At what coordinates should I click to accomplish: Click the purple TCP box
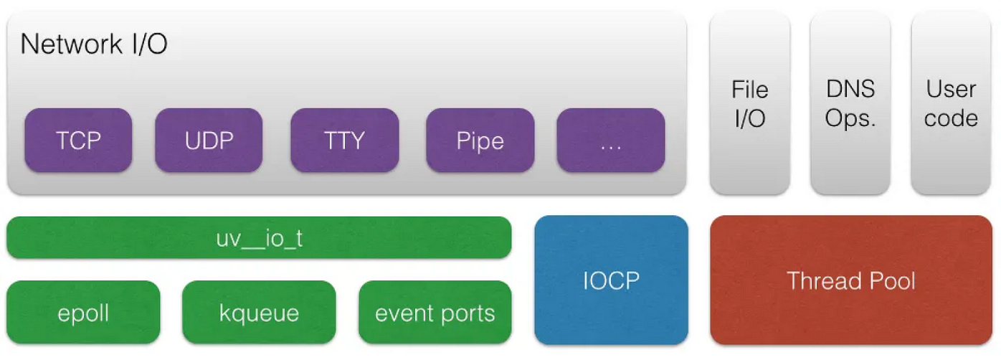(x=78, y=141)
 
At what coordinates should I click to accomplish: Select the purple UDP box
(x=209, y=141)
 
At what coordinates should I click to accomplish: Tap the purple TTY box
(x=344, y=141)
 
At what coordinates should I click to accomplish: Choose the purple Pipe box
(x=480, y=141)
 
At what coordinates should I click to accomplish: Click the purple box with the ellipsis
(x=610, y=141)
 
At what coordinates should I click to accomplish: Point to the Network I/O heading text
(x=94, y=44)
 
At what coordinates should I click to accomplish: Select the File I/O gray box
(x=749, y=103)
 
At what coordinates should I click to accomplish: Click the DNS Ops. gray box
(x=850, y=103)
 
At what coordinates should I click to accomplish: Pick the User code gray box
(x=951, y=103)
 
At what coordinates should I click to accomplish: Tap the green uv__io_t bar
(x=259, y=237)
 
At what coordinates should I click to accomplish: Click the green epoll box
(x=83, y=313)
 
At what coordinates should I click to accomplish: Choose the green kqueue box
(x=259, y=313)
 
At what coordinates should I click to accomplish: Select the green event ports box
(x=435, y=313)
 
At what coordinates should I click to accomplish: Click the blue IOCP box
(x=611, y=280)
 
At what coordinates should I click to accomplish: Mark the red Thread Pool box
(x=851, y=280)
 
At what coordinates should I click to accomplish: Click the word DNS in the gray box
(x=850, y=90)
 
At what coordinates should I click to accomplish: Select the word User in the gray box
(x=951, y=90)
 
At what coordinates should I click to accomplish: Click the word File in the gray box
(x=749, y=90)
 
